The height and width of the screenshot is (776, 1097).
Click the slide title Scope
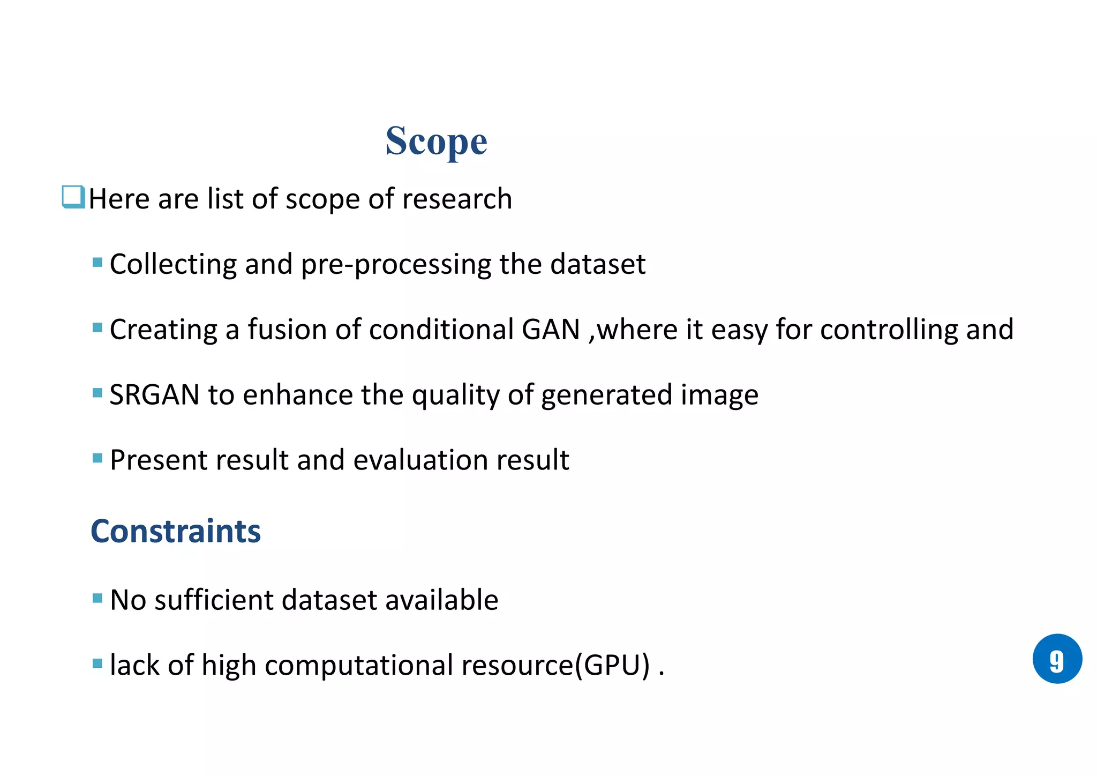(436, 141)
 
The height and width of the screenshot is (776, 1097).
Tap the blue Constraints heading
(176, 531)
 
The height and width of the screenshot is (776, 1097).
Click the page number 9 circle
(1057, 659)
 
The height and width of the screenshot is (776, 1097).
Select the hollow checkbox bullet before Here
(73, 197)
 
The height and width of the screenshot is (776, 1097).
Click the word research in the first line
(457, 199)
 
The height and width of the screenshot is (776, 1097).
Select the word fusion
(287, 329)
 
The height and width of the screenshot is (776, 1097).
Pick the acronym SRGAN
(155, 394)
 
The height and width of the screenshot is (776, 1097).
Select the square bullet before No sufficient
(97, 598)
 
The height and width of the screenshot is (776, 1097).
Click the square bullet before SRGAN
(97, 393)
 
